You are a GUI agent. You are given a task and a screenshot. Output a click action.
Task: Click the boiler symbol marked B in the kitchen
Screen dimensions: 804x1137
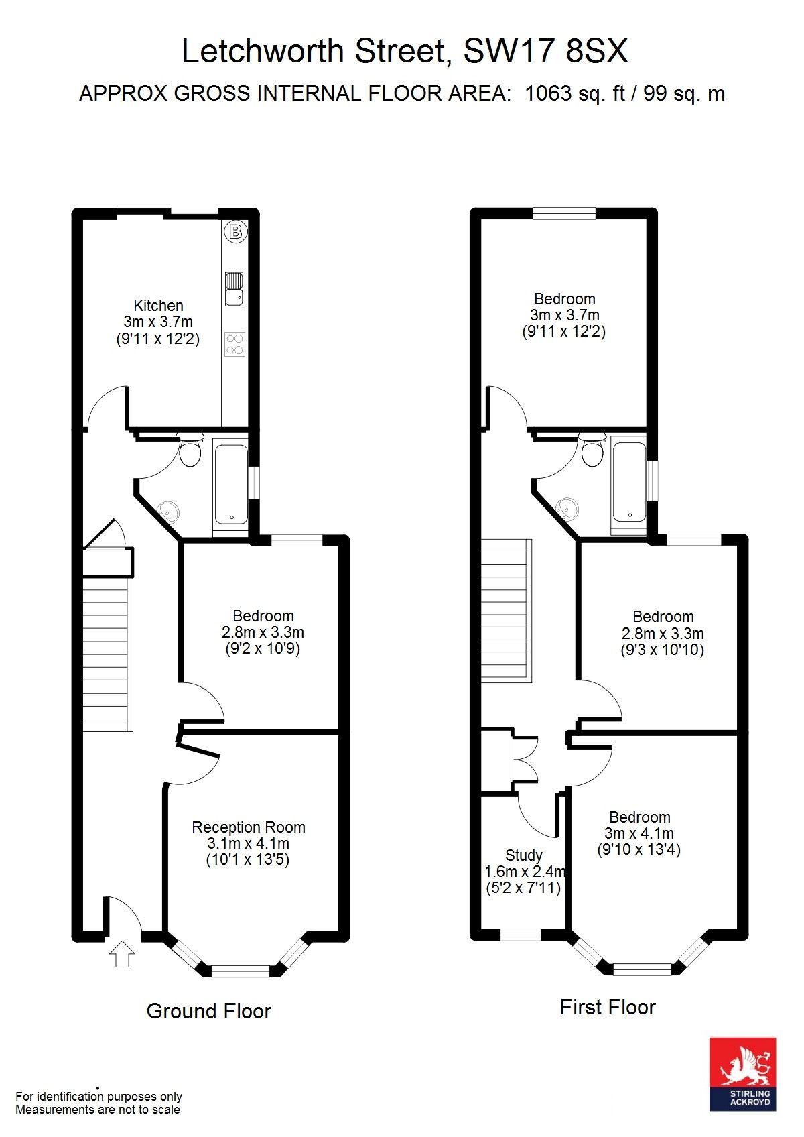235,232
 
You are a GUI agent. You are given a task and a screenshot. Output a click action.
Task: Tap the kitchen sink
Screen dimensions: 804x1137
234,290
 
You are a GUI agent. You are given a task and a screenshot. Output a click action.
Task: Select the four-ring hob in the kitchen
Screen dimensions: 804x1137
235,344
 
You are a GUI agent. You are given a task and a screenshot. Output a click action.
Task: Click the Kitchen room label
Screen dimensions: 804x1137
158,306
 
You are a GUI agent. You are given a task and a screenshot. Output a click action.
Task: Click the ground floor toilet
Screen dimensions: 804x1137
190,449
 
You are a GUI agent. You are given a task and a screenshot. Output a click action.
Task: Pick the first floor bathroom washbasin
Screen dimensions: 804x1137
567,507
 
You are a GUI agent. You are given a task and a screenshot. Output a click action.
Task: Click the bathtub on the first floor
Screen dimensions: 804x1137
629,482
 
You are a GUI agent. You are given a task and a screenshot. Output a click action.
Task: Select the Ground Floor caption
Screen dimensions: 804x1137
209,1010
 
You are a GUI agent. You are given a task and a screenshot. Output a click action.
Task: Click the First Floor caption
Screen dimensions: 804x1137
608,1006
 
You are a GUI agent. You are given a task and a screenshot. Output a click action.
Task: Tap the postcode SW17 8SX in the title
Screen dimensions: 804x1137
546,51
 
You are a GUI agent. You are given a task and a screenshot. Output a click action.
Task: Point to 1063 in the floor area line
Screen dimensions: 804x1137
548,93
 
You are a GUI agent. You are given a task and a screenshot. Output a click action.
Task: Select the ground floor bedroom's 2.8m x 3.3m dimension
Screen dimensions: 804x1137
263,632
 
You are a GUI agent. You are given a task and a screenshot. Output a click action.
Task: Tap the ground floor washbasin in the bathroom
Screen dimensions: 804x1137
169,512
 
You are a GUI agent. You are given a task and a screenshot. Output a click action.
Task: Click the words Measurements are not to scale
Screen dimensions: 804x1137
97,1109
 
